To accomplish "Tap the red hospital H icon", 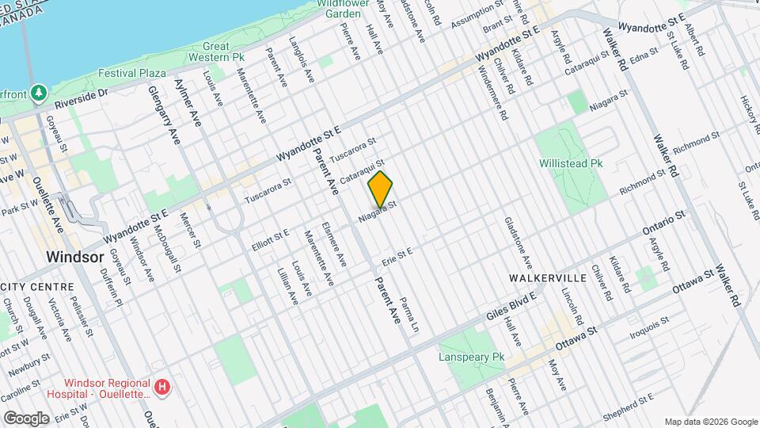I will (162, 388).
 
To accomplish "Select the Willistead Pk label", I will (571, 162).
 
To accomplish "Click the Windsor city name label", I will (75, 258).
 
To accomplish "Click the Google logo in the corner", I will (26, 418).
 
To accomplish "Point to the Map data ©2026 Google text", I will (710, 422).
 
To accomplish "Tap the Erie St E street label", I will (398, 258).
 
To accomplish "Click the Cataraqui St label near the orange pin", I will (362, 172).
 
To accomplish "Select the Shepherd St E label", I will (628, 401).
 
